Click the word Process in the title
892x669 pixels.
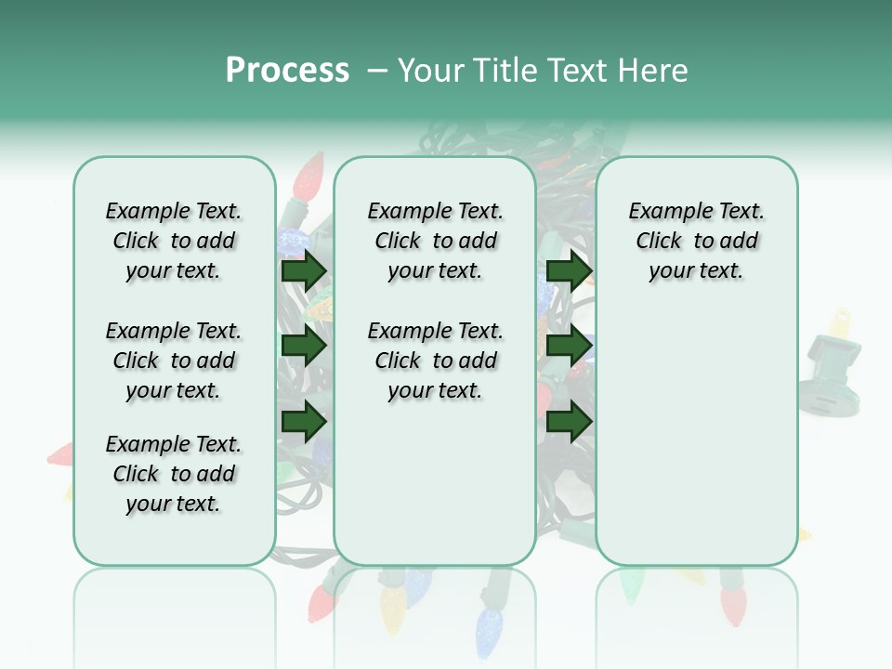[x=287, y=71]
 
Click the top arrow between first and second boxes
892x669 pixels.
[x=304, y=271]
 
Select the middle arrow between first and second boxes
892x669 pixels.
[x=304, y=347]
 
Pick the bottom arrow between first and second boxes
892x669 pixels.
[x=304, y=422]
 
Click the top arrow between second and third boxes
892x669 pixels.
[x=569, y=271]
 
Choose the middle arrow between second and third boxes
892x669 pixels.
[x=569, y=347]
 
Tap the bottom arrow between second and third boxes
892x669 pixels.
[x=569, y=422]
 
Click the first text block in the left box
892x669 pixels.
[x=174, y=241]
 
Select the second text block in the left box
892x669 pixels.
[x=174, y=361]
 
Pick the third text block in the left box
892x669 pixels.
[x=174, y=474]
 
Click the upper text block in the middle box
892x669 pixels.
[x=435, y=241]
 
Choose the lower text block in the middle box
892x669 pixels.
[x=435, y=361]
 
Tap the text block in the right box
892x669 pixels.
[x=696, y=241]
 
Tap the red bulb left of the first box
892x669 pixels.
[x=60, y=454]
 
